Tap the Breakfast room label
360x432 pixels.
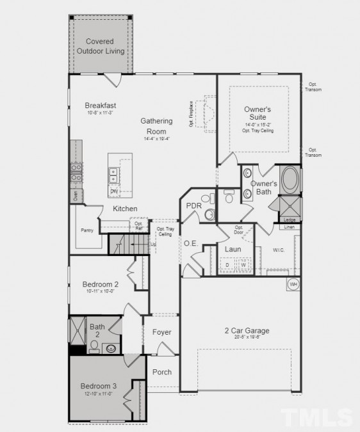tap(101, 106)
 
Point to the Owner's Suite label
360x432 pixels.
tap(258, 114)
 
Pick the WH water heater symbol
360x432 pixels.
tap(293, 284)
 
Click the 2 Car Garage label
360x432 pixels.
tap(247, 331)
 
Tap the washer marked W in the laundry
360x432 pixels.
tap(243, 264)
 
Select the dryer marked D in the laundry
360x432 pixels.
tap(227, 264)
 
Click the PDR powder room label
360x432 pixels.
tap(193, 206)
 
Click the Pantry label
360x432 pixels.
tap(87, 230)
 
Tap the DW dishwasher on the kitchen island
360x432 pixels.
tap(114, 191)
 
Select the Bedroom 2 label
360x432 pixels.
tap(100, 285)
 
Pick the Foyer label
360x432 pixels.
tap(161, 332)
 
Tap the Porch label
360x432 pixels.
tap(161, 372)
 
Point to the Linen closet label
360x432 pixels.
tap(290, 227)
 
